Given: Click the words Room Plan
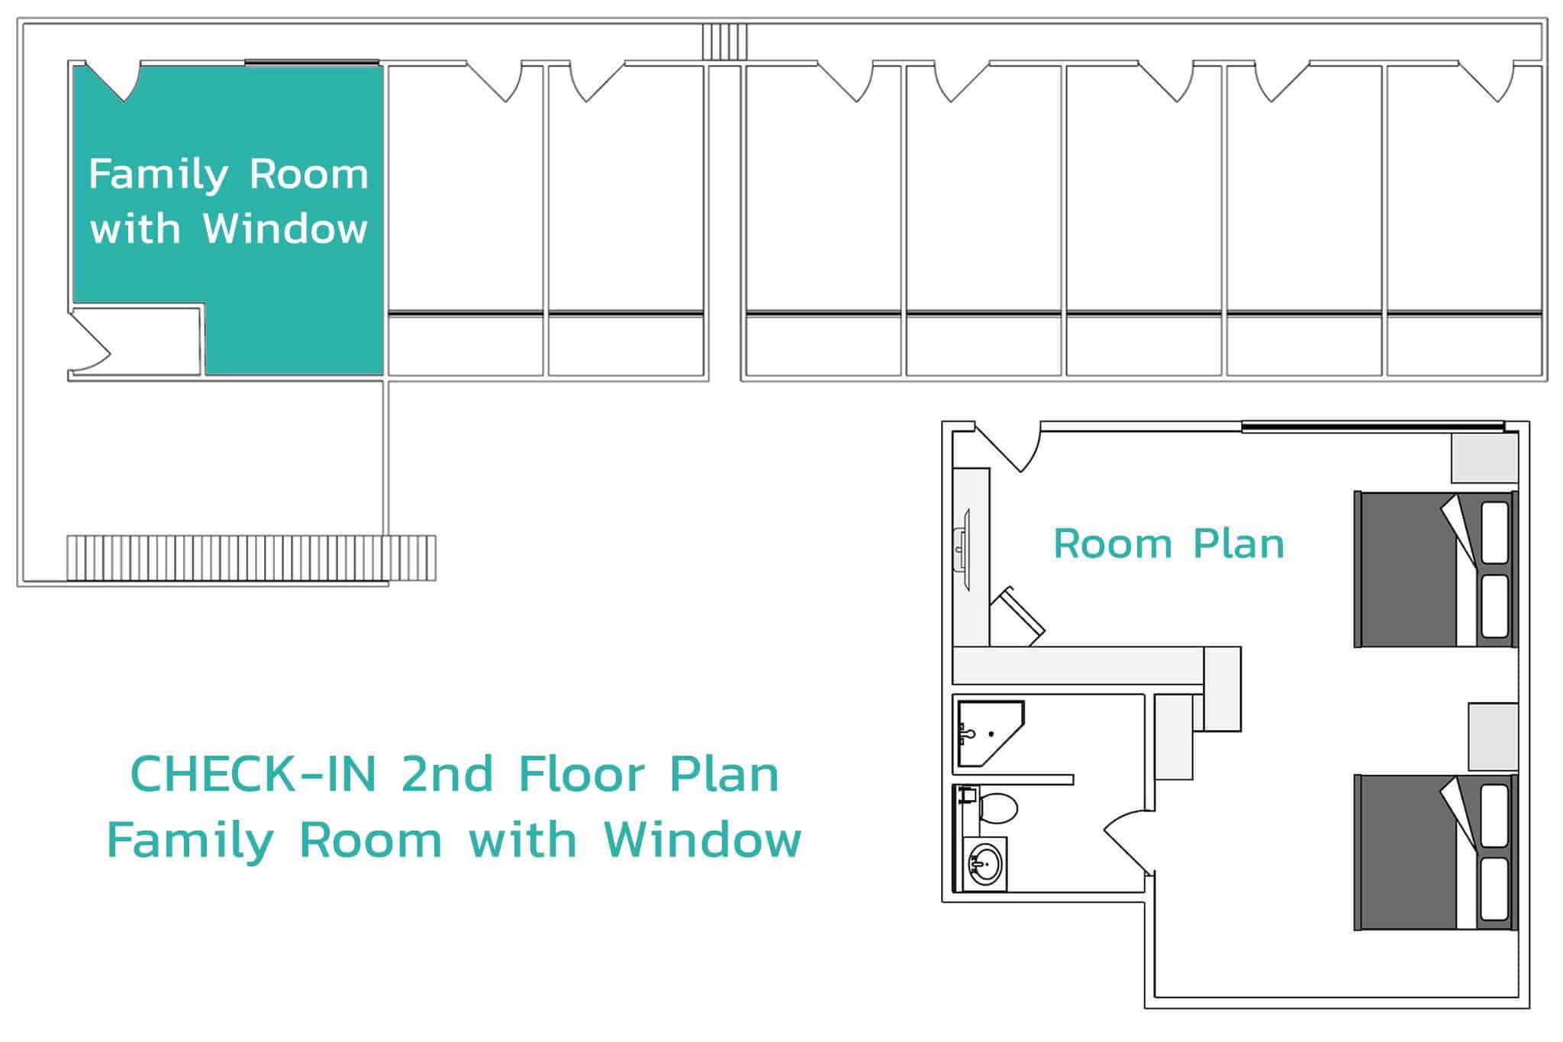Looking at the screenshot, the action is [1168, 544].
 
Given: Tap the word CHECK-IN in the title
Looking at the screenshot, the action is [254, 773].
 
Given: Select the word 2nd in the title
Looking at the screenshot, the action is [446, 773].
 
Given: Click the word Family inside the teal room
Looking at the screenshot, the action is [159, 176].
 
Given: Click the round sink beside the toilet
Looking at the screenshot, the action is [985, 865].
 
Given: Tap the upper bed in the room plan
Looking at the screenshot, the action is [1436, 569].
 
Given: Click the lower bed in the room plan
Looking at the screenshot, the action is [1436, 852].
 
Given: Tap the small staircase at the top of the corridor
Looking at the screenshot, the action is [725, 41].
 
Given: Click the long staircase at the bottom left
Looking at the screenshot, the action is [251, 558].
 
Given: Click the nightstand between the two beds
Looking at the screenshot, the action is [1494, 737].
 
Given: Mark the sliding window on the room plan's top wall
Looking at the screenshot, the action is [1372, 426].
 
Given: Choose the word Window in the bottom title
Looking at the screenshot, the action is [702, 840].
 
